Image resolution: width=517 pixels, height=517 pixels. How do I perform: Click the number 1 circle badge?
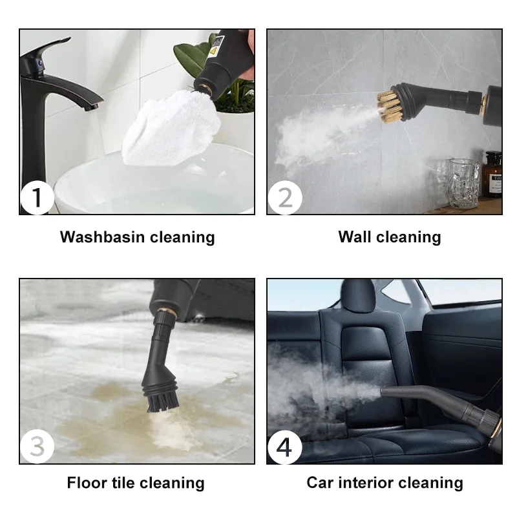point(37,198)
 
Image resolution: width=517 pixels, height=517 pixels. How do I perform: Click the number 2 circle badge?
point(284,198)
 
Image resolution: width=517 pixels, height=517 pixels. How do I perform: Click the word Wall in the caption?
point(355,237)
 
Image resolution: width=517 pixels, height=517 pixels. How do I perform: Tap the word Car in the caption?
point(321,483)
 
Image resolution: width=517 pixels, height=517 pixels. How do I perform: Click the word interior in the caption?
point(367,483)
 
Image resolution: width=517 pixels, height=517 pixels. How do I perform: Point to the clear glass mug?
point(463,183)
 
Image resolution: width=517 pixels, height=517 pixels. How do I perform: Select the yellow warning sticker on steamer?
point(213,48)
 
